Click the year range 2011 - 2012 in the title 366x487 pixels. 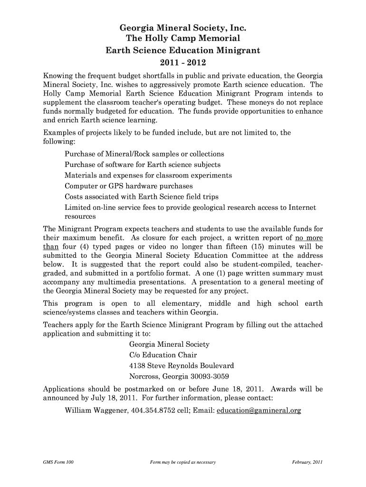183,62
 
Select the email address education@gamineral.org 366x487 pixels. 259,410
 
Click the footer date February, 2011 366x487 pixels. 308,462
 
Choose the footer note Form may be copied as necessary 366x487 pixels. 183,462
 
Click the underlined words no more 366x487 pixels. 309,237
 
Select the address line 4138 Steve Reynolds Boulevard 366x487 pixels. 182,366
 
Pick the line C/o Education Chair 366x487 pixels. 163,355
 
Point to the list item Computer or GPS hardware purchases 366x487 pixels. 129,186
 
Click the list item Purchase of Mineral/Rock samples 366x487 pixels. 144,154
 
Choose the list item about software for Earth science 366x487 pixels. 143,165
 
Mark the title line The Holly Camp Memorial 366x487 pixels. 183,39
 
